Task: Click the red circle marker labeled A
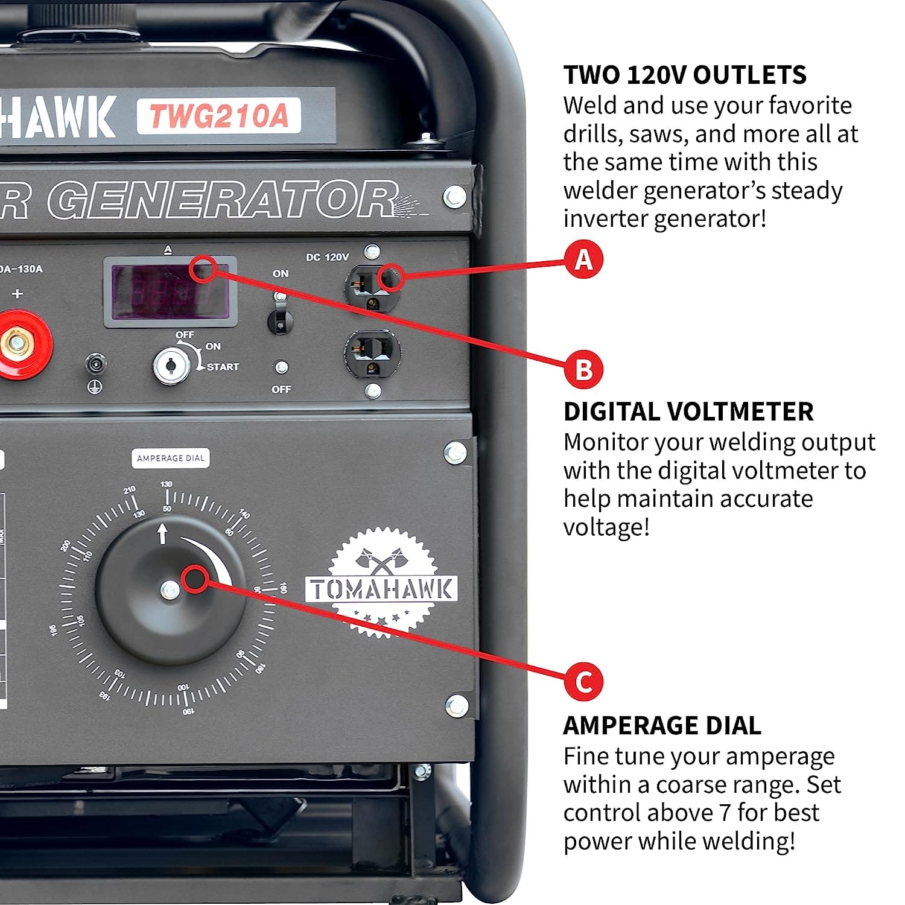(583, 259)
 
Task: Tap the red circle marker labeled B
(583, 369)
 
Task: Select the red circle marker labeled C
(583, 681)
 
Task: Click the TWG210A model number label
(218, 116)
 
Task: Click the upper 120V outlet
(372, 287)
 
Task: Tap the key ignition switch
(171, 365)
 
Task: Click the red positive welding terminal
(18, 344)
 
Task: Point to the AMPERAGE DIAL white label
(171, 459)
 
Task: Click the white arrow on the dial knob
(162, 533)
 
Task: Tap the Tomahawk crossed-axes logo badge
(381, 582)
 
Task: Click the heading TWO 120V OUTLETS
(684, 75)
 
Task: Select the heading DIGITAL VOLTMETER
(688, 411)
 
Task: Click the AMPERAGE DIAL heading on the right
(662, 725)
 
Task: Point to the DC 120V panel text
(327, 257)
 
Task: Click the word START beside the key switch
(223, 367)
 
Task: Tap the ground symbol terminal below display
(95, 365)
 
